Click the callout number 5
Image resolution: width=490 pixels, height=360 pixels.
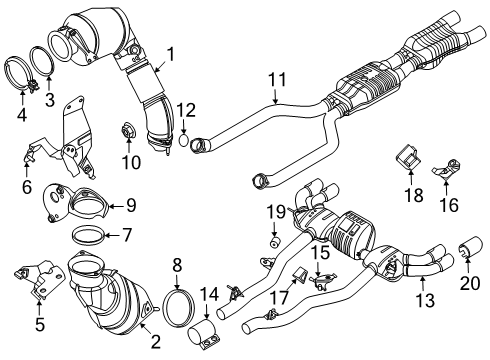pos(40,325)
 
